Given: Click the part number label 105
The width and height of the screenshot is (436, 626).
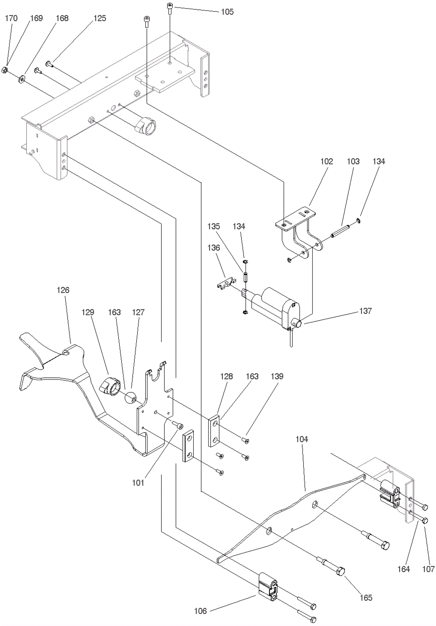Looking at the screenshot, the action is (x=227, y=12).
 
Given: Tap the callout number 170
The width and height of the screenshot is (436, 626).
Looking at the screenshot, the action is (x=11, y=18).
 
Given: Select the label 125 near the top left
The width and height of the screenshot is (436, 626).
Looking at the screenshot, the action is (x=100, y=18).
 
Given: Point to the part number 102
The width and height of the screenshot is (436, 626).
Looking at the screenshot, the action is (x=326, y=161).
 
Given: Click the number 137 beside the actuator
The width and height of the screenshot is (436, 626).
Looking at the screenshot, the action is (x=365, y=311).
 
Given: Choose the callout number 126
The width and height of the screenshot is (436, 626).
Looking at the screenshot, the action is (x=63, y=290).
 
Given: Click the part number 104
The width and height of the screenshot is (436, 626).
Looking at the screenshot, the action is (x=302, y=439).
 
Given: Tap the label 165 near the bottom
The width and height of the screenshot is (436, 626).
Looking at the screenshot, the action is (x=366, y=598).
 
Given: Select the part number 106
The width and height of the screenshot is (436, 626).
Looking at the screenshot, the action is (x=200, y=611).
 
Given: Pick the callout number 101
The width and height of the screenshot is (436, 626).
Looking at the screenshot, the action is (x=138, y=483).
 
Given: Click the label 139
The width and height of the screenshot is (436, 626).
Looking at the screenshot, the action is (x=277, y=376).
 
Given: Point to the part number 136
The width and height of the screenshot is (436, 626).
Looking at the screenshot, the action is (x=213, y=248).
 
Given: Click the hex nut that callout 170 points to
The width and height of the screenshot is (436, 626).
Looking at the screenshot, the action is (x=4, y=70).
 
